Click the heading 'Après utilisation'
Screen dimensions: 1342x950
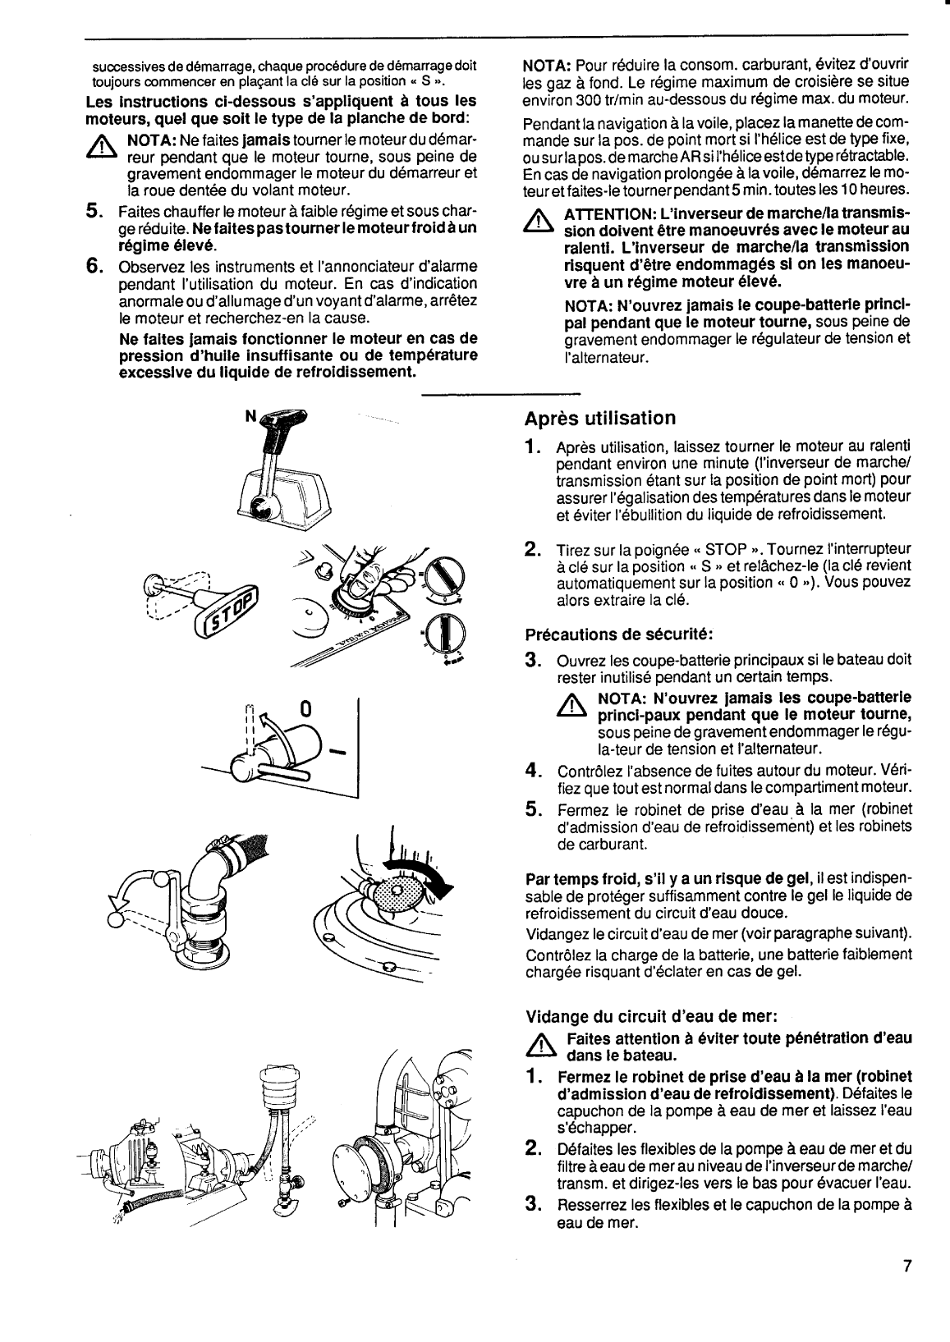click(599, 419)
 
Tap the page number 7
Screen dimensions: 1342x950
click(907, 1288)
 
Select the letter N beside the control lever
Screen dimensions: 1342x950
click(250, 416)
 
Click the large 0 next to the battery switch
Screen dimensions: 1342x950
click(305, 708)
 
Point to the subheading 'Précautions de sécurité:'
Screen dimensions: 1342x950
click(618, 634)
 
